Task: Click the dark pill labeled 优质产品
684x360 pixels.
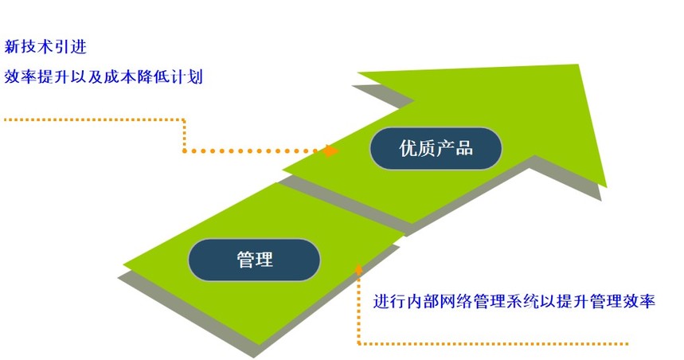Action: coord(436,148)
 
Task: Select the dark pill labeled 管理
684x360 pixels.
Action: coord(254,260)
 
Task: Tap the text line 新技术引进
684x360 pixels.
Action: coord(45,47)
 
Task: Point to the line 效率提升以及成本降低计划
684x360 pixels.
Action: coord(104,76)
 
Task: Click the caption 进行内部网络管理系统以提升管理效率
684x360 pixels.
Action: coord(514,302)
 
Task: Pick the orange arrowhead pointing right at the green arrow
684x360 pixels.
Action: coord(331,151)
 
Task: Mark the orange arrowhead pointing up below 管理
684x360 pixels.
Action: coord(358,269)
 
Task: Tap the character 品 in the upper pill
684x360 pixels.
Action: coord(464,148)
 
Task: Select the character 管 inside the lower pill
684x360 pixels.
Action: coord(245,260)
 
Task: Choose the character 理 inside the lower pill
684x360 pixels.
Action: coord(264,260)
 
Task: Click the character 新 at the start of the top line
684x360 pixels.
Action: coord(12,47)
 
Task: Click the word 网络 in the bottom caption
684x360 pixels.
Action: coord(456,302)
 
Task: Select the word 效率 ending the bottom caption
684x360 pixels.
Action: coord(639,302)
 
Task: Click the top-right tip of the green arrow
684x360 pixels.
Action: coord(579,65)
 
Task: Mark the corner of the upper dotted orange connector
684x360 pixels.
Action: coord(184,119)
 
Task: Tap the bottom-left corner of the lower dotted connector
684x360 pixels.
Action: coord(359,343)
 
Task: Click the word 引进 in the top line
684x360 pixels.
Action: coord(71,47)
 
